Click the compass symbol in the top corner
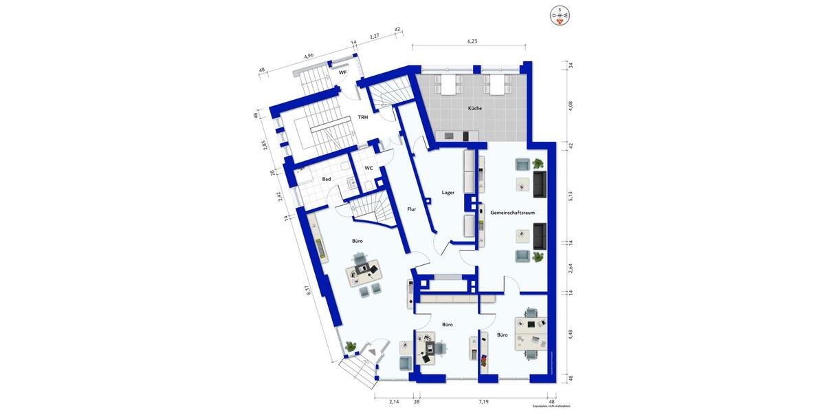tap(561, 14)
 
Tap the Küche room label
tap(475, 108)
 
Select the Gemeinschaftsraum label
tap(513, 213)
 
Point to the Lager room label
tap(448, 193)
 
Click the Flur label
tap(412, 209)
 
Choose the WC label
tap(368, 168)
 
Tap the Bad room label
tap(327, 180)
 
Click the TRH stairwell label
tap(362, 118)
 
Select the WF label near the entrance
tap(342, 72)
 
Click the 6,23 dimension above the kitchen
tap(472, 41)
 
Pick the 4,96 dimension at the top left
tap(309, 56)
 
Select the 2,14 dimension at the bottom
tap(394, 401)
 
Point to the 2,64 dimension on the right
tap(570, 268)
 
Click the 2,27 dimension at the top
tap(375, 36)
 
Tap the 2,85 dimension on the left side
tap(264, 145)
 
